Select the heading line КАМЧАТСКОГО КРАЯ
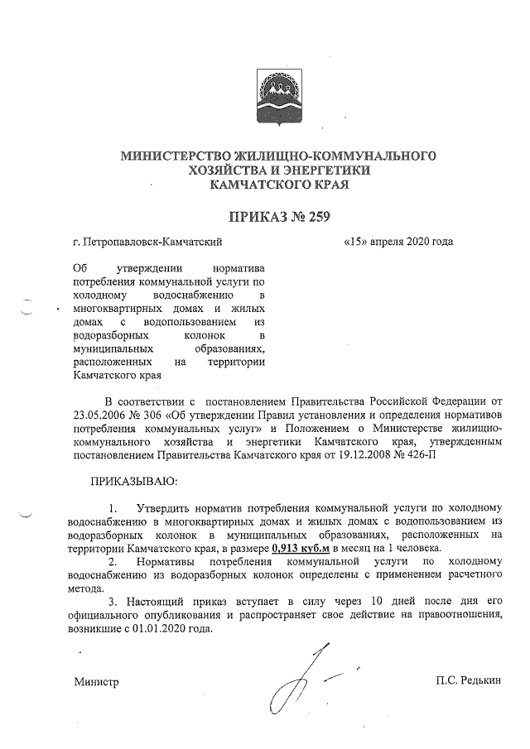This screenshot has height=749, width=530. point(277,185)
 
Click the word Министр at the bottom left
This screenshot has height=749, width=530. point(96,683)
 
